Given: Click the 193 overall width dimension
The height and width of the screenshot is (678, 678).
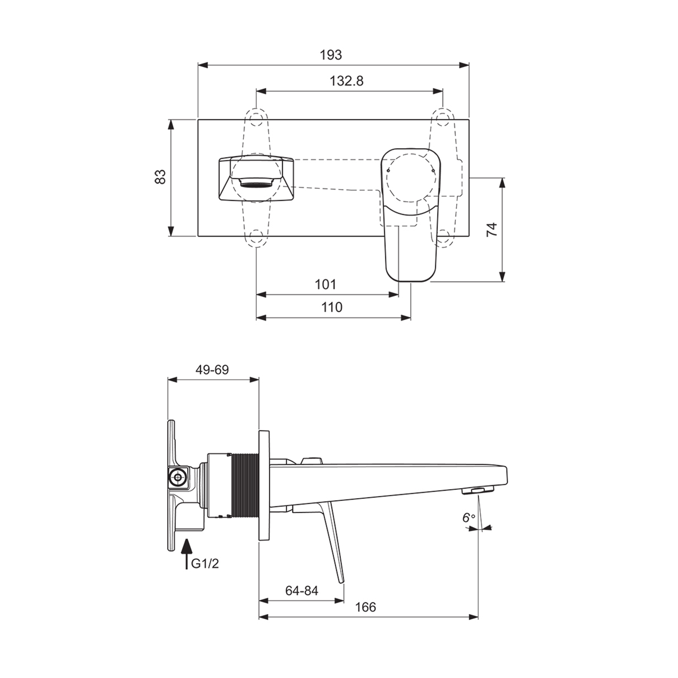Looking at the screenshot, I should pyautogui.click(x=331, y=55).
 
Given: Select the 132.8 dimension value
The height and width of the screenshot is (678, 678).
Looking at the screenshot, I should pyautogui.click(x=346, y=81).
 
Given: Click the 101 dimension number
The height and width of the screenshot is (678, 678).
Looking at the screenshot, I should pyautogui.click(x=325, y=284).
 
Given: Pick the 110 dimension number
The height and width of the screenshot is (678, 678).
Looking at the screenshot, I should pyautogui.click(x=332, y=307).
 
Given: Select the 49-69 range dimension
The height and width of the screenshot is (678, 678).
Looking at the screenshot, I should pyautogui.click(x=212, y=370).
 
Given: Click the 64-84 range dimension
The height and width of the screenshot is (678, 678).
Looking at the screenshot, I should pyautogui.click(x=301, y=591).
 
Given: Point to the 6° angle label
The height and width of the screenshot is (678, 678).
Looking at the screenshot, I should pyautogui.click(x=468, y=518).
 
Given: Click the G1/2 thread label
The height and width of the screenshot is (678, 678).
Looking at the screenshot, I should pyautogui.click(x=205, y=564).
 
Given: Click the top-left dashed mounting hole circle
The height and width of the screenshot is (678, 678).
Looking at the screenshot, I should pyautogui.click(x=257, y=118).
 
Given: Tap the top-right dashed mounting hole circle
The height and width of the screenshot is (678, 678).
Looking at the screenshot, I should pyautogui.click(x=442, y=118).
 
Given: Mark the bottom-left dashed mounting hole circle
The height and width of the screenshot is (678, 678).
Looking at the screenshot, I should pyautogui.click(x=257, y=236).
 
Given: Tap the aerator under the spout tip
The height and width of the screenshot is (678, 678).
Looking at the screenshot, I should pyautogui.click(x=478, y=490).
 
